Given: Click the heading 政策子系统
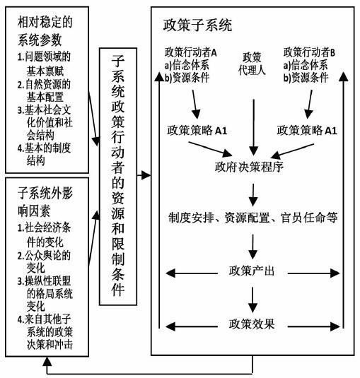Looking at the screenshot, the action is [x=197, y=25].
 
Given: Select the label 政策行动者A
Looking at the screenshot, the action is [x=191, y=52].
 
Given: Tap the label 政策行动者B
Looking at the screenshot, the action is [x=309, y=52].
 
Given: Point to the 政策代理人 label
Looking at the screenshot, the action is [x=252, y=64].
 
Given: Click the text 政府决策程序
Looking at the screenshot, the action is [x=249, y=167].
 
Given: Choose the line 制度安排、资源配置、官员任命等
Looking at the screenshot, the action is [x=253, y=218].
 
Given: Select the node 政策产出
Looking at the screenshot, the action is [x=252, y=271].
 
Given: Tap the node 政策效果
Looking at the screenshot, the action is [x=252, y=324].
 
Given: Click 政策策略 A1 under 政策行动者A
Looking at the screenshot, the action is [x=197, y=131].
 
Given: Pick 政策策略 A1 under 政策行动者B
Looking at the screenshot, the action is [x=307, y=131].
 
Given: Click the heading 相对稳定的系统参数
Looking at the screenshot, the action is [x=45, y=31].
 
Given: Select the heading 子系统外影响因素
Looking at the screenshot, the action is [x=45, y=202].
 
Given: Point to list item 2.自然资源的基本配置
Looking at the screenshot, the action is [x=44, y=90].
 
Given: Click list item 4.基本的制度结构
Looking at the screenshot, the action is [x=44, y=154].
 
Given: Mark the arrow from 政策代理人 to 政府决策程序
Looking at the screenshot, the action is [x=253, y=127].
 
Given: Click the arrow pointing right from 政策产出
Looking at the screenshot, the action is [x=314, y=273].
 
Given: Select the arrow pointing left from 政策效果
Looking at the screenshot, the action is [x=192, y=326].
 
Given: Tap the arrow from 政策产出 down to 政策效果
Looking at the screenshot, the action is [x=252, y=300].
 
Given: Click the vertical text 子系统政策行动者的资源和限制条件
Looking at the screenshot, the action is [x=118, y=175].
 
